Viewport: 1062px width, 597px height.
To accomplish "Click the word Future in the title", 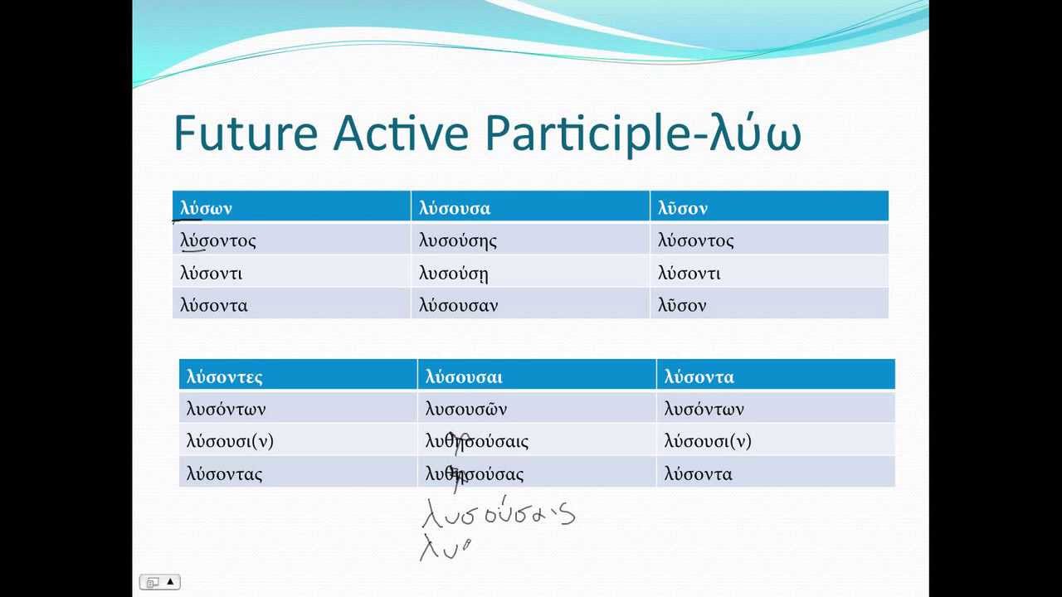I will point(246,133).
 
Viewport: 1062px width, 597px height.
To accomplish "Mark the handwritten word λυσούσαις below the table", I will point(498,514).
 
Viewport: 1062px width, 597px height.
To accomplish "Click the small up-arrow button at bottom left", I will point(170,582).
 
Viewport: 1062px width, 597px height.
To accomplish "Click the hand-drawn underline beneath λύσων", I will point(187,221).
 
